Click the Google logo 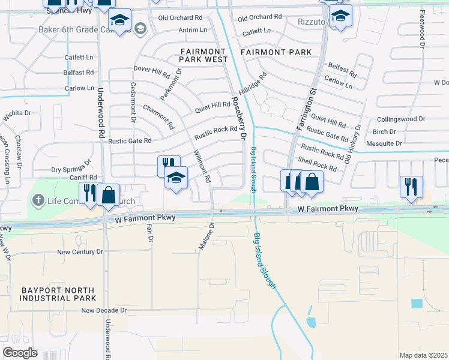pos(20,353)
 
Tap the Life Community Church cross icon pos(37,200)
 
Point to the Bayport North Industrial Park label pos(58,293)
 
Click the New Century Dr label pos(80,253)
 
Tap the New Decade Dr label pos(104,311)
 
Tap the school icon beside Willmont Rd pos(176,177)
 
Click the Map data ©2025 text pos(423,355)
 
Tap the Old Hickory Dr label pos(353,144)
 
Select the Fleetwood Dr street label pos(423,29)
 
